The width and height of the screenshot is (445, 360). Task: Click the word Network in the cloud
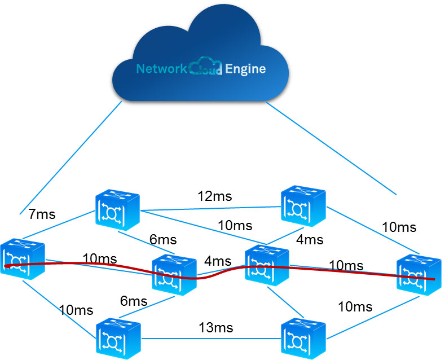click(x=161, y=69)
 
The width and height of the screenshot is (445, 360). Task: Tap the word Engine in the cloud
click(x=245, y=69)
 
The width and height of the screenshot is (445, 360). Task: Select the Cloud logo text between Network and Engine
click(x=205, y=69)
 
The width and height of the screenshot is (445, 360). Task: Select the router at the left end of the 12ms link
click(x=117, y=210)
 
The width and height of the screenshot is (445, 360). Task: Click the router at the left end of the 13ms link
click(x=118, y=337)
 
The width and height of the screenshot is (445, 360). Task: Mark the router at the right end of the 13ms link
click(x=303, y=337)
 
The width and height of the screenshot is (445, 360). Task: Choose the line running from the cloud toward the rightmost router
click(x=333, y=148)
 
